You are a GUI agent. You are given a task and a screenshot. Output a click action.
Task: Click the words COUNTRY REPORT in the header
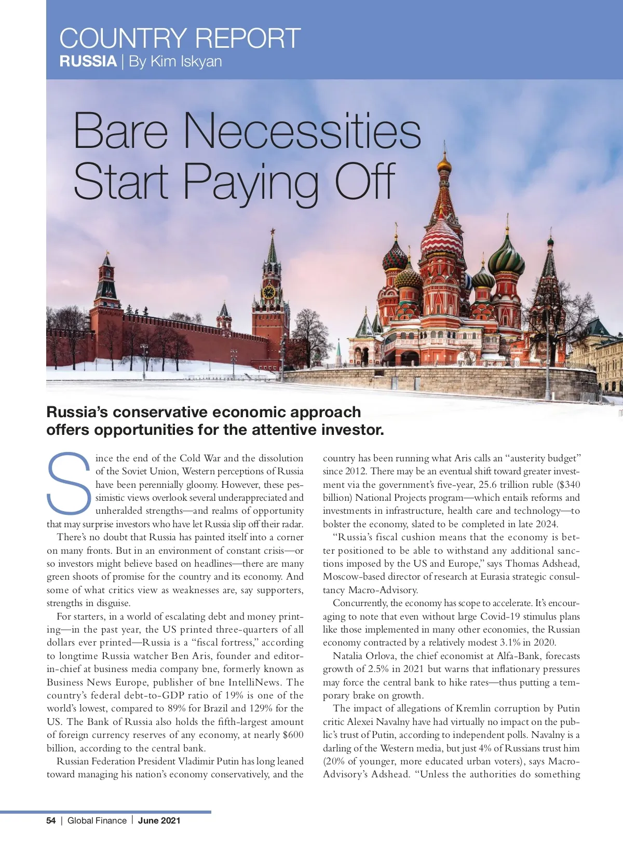180,38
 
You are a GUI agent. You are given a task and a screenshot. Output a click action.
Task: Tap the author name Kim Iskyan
186,61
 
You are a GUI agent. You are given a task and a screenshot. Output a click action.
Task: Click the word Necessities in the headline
303,131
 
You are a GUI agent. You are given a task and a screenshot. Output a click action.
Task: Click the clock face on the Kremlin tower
268,292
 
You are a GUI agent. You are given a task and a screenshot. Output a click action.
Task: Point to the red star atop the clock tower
272,231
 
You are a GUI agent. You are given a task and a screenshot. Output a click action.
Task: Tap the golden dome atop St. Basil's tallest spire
444,164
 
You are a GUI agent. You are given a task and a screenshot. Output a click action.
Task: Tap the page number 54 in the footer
51,820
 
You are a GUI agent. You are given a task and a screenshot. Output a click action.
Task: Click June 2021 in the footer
159,820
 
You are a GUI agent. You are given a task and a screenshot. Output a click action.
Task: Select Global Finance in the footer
97,820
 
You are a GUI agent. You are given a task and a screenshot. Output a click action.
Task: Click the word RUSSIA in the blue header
88,61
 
